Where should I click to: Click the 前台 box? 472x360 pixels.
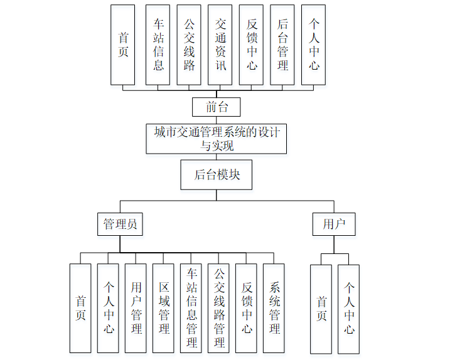pos(217,107)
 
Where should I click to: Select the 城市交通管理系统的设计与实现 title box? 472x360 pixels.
pos(217,139)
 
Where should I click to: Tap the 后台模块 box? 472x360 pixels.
pos(217,175)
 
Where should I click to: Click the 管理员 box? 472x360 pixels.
pos(120,223)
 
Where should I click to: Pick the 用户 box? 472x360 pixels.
pos(334,223)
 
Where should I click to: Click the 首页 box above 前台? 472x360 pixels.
pos(122,45)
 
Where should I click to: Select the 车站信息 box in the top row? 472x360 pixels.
pos(158,45)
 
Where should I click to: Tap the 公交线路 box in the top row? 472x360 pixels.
pos(189,45)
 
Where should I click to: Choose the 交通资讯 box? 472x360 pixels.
pos(220,45)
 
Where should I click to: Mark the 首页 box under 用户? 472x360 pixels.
pos(321,309)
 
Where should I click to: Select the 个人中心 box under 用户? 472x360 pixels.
pos(348,309)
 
